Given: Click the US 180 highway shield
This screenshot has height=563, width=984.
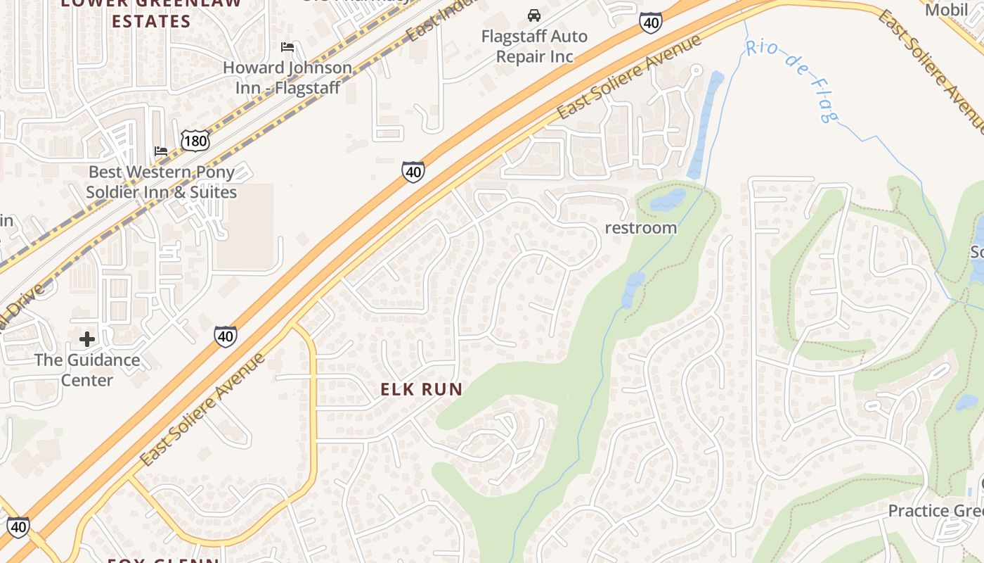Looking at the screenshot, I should [195, 140].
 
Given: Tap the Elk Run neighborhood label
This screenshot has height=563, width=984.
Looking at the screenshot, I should [422, 389].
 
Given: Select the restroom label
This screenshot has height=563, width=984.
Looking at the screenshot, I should [640, 228].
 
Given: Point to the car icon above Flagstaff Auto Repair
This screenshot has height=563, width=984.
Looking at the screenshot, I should [534, 15].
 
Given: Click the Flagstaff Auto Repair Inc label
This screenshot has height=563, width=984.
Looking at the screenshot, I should [534, 46].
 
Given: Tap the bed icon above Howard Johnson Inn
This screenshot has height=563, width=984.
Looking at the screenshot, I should [287, 47].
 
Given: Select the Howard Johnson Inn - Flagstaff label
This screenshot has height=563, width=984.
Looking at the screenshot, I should [287, 77].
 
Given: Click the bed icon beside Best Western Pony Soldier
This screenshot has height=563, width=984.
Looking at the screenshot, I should [160, 151].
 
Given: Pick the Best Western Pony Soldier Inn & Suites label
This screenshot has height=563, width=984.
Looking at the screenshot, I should [162, 182].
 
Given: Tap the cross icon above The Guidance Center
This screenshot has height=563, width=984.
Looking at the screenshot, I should [87, 340].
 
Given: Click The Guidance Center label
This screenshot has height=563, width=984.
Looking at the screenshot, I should [87, 370].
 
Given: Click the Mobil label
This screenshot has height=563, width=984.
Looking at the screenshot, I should [946, 10].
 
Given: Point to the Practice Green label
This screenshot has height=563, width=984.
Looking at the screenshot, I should [935, 511].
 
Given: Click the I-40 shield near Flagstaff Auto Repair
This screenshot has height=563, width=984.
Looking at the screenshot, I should [651, 23].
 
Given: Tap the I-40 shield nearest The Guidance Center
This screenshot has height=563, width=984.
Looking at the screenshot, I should [225, 336].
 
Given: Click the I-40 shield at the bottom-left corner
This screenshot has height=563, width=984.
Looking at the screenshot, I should [18, 526].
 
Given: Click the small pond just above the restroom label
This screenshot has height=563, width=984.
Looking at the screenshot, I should [668, 201].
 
